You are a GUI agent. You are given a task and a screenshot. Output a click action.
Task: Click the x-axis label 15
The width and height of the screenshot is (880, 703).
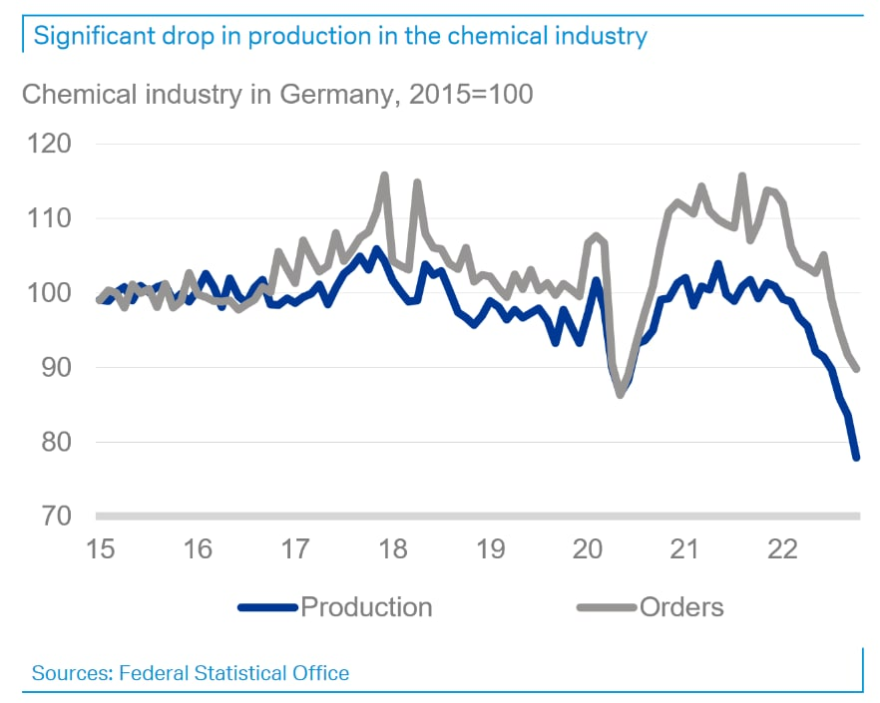point(101,549)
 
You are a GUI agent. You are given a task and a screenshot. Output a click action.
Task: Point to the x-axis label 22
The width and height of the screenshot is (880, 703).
point(781,549)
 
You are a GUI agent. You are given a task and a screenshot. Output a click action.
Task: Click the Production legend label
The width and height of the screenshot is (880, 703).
point(366,607)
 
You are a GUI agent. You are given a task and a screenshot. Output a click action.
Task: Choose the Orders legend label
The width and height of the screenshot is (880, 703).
point(681,607)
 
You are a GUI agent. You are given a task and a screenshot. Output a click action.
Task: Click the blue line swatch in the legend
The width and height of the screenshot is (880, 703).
point(268,607)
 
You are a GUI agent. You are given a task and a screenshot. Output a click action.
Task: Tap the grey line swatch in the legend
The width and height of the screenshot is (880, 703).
point(607,607)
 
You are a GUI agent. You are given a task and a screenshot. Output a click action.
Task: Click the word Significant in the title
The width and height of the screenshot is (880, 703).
point(90,37)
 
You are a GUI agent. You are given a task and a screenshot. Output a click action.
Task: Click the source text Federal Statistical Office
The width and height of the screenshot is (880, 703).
point(233,673)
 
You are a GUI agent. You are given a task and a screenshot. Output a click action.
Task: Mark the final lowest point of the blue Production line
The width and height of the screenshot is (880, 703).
point(856,458)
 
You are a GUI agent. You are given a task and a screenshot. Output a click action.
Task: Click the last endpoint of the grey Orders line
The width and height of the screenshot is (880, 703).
point(857,369)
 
